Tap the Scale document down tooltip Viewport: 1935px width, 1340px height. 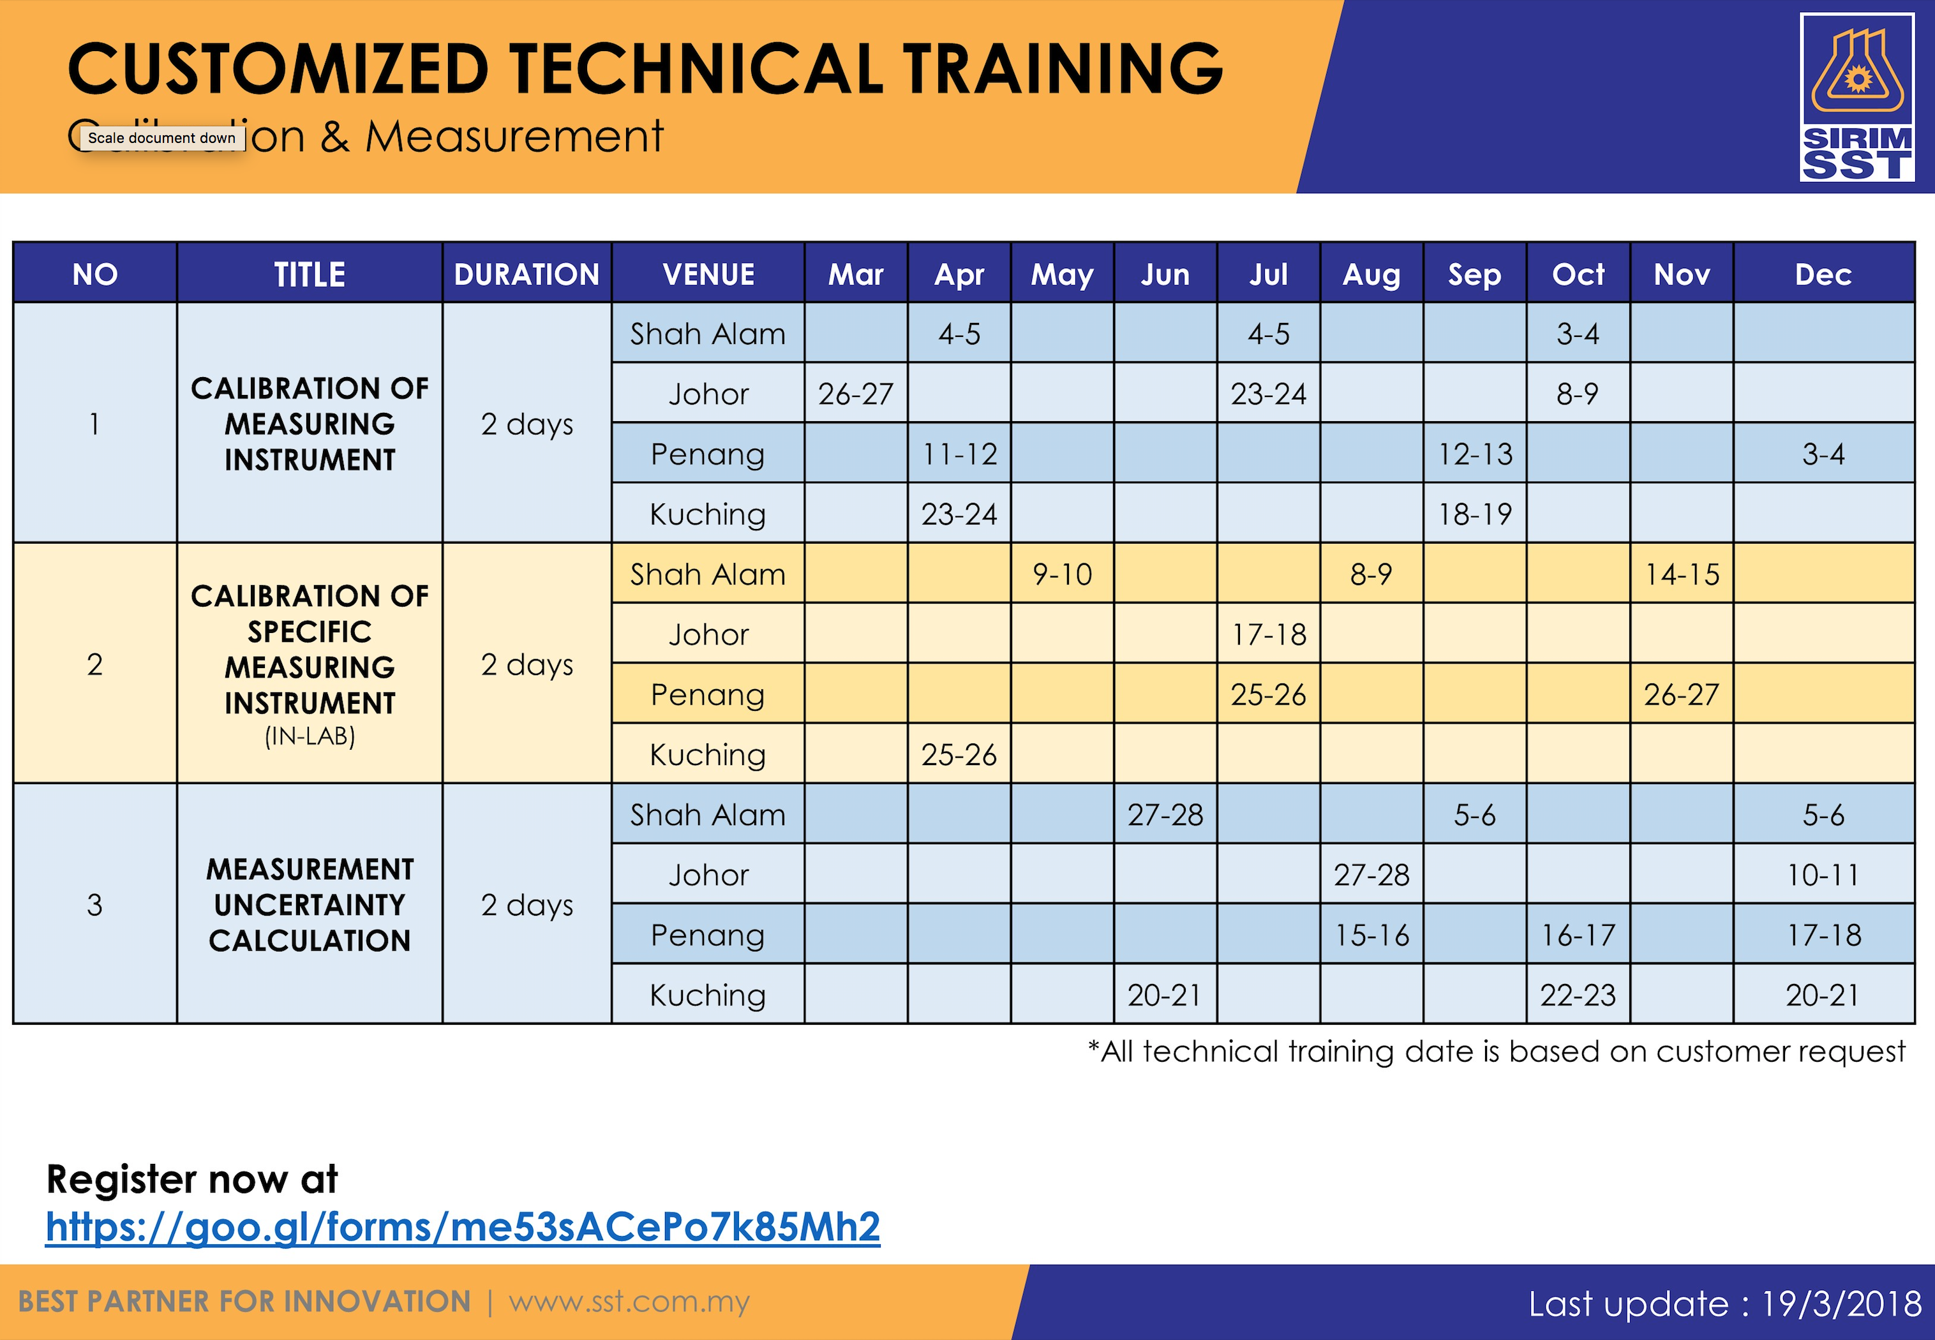click(x=162, y=138)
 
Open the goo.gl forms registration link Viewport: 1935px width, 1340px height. click(x=463, y=1226)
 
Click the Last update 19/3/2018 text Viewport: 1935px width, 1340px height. click(x=1724, y=1303)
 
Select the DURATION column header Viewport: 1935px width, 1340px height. click(x=527, y=274)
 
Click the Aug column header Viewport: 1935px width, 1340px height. click(x=1371, y=274)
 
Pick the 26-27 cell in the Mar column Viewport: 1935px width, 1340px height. click(x=855, y=394)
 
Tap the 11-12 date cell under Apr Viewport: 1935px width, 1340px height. click(x=960, y=454)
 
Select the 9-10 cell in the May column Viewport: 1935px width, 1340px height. click(x=1062, y=574)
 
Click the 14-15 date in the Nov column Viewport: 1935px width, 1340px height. click(x=1682, y=574)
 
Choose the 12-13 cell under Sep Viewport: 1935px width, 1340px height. click(x=1475, y=454)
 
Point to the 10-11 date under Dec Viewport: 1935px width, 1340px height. click(x=1823, y=875)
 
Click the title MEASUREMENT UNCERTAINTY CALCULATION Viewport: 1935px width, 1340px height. click(x=310, y=904)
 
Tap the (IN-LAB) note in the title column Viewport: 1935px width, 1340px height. click(x=310, y=736)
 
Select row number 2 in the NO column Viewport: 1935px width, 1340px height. click(x=95, y=664)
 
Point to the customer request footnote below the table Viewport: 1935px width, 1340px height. click(x=1496, y=1051)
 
